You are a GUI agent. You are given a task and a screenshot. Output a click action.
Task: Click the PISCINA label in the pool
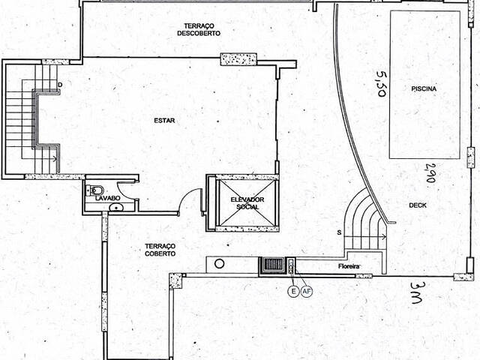(x=424, y=89)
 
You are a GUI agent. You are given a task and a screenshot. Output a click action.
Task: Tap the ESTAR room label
(x=164, y=121)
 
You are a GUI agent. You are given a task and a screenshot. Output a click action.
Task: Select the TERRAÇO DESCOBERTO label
(x=199, y=29)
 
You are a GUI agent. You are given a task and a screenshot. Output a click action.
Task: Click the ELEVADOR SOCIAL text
(x=247, y=203)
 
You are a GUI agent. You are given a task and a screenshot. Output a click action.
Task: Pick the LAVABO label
(x=107, y=198)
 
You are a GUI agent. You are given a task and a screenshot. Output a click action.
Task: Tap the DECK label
(x=418, y=205)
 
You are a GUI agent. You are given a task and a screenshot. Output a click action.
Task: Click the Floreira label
(x=349, y=266)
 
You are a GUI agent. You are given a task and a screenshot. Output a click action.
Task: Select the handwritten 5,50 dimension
(x=382, y=83)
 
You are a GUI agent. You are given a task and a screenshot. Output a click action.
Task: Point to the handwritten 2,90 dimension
(x=430, y=172)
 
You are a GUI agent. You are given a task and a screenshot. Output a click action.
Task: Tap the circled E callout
(x=293, y=292)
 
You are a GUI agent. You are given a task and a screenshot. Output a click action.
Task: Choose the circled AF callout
(x=307, y=292)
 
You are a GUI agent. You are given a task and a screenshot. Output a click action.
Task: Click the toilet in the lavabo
(x=95, y=190)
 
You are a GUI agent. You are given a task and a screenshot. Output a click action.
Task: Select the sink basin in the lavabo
(x=116, y=208)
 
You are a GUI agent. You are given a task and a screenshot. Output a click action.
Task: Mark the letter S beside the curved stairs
(x=339, y=233)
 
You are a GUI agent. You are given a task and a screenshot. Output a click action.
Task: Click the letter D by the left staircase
(x=60, y=85)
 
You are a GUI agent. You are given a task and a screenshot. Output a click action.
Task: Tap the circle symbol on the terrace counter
(x=219, y=263)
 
